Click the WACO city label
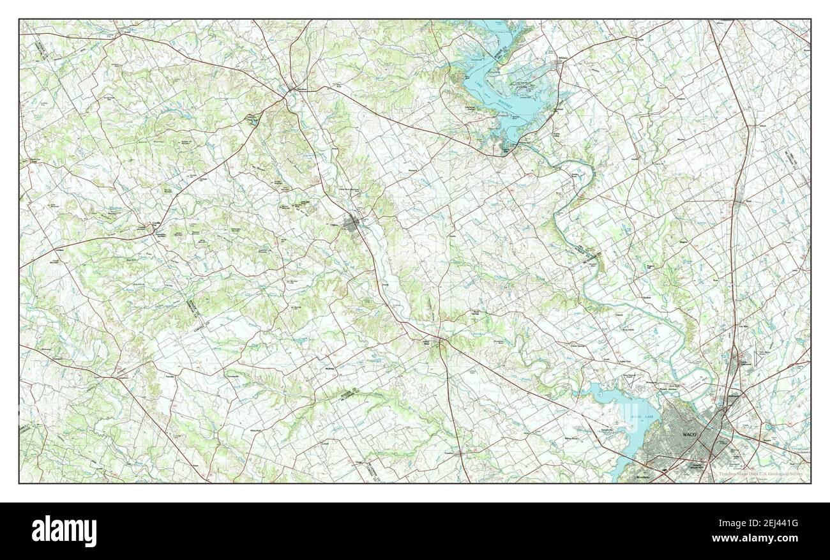690,434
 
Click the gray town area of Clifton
352,223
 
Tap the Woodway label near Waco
641,476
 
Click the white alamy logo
64,531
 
